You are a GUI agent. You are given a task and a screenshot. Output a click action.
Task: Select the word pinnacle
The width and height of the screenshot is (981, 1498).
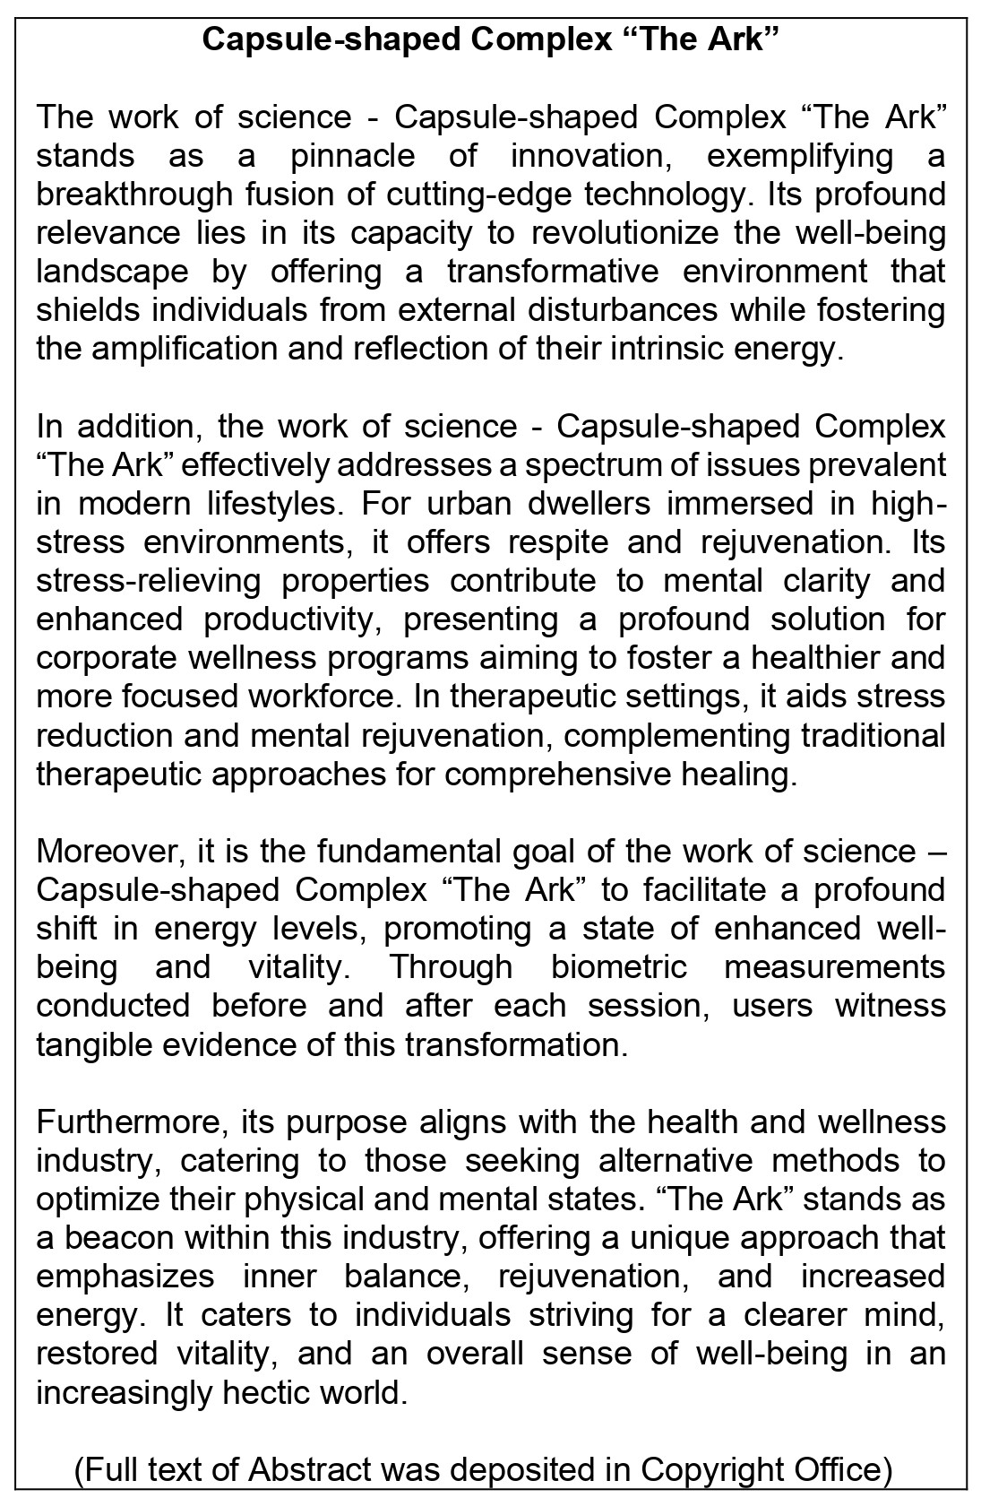pyautogui.click(x=353, y=156)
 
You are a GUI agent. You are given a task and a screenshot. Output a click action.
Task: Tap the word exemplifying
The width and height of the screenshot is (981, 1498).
pyautogui.click(x=800, y=156)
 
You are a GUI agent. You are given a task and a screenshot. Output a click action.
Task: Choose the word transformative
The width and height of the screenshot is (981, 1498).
pyautogui.click(x=553, y=272)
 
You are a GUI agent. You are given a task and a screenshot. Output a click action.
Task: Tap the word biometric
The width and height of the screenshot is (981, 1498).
pyautogui.click(x=619, y=966)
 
